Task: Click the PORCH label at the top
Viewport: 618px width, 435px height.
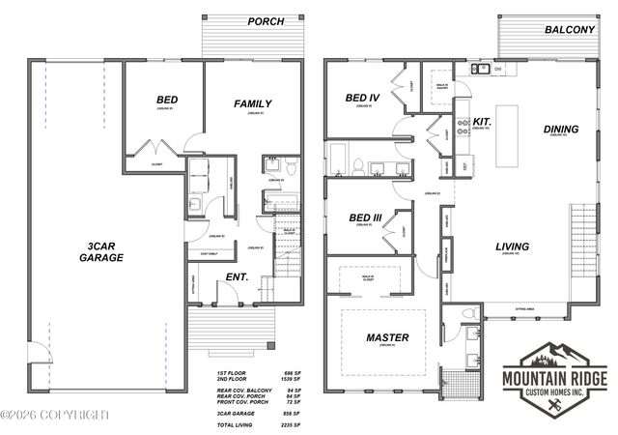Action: [265, 20]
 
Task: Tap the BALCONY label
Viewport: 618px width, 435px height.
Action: [569, 30]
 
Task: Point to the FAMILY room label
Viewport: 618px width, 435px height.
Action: [253, 103]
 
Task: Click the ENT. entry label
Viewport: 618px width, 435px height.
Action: [237, 277]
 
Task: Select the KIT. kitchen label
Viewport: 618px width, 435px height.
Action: [484, 122]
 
